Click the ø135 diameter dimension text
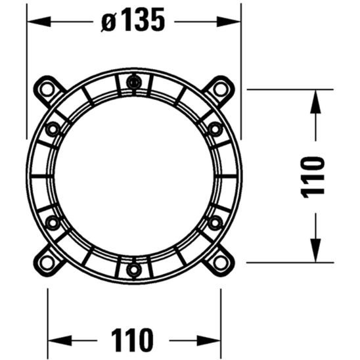[133, 21]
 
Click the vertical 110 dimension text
[315, 175]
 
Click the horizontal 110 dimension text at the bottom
[133, 339]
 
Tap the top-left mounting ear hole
[47, 89]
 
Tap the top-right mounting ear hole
[219, 89]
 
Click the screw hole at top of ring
[133, 83]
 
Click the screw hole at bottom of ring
[133, 269]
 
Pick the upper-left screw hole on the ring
[53, 129]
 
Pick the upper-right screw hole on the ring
[215, 129]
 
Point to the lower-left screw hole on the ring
[53, 223]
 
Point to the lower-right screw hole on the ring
[215, 223]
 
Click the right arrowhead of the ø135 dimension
[235, 21]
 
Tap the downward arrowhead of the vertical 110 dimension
[315, 255]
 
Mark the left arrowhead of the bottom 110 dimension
[55, 339]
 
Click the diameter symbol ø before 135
[108, 22]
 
